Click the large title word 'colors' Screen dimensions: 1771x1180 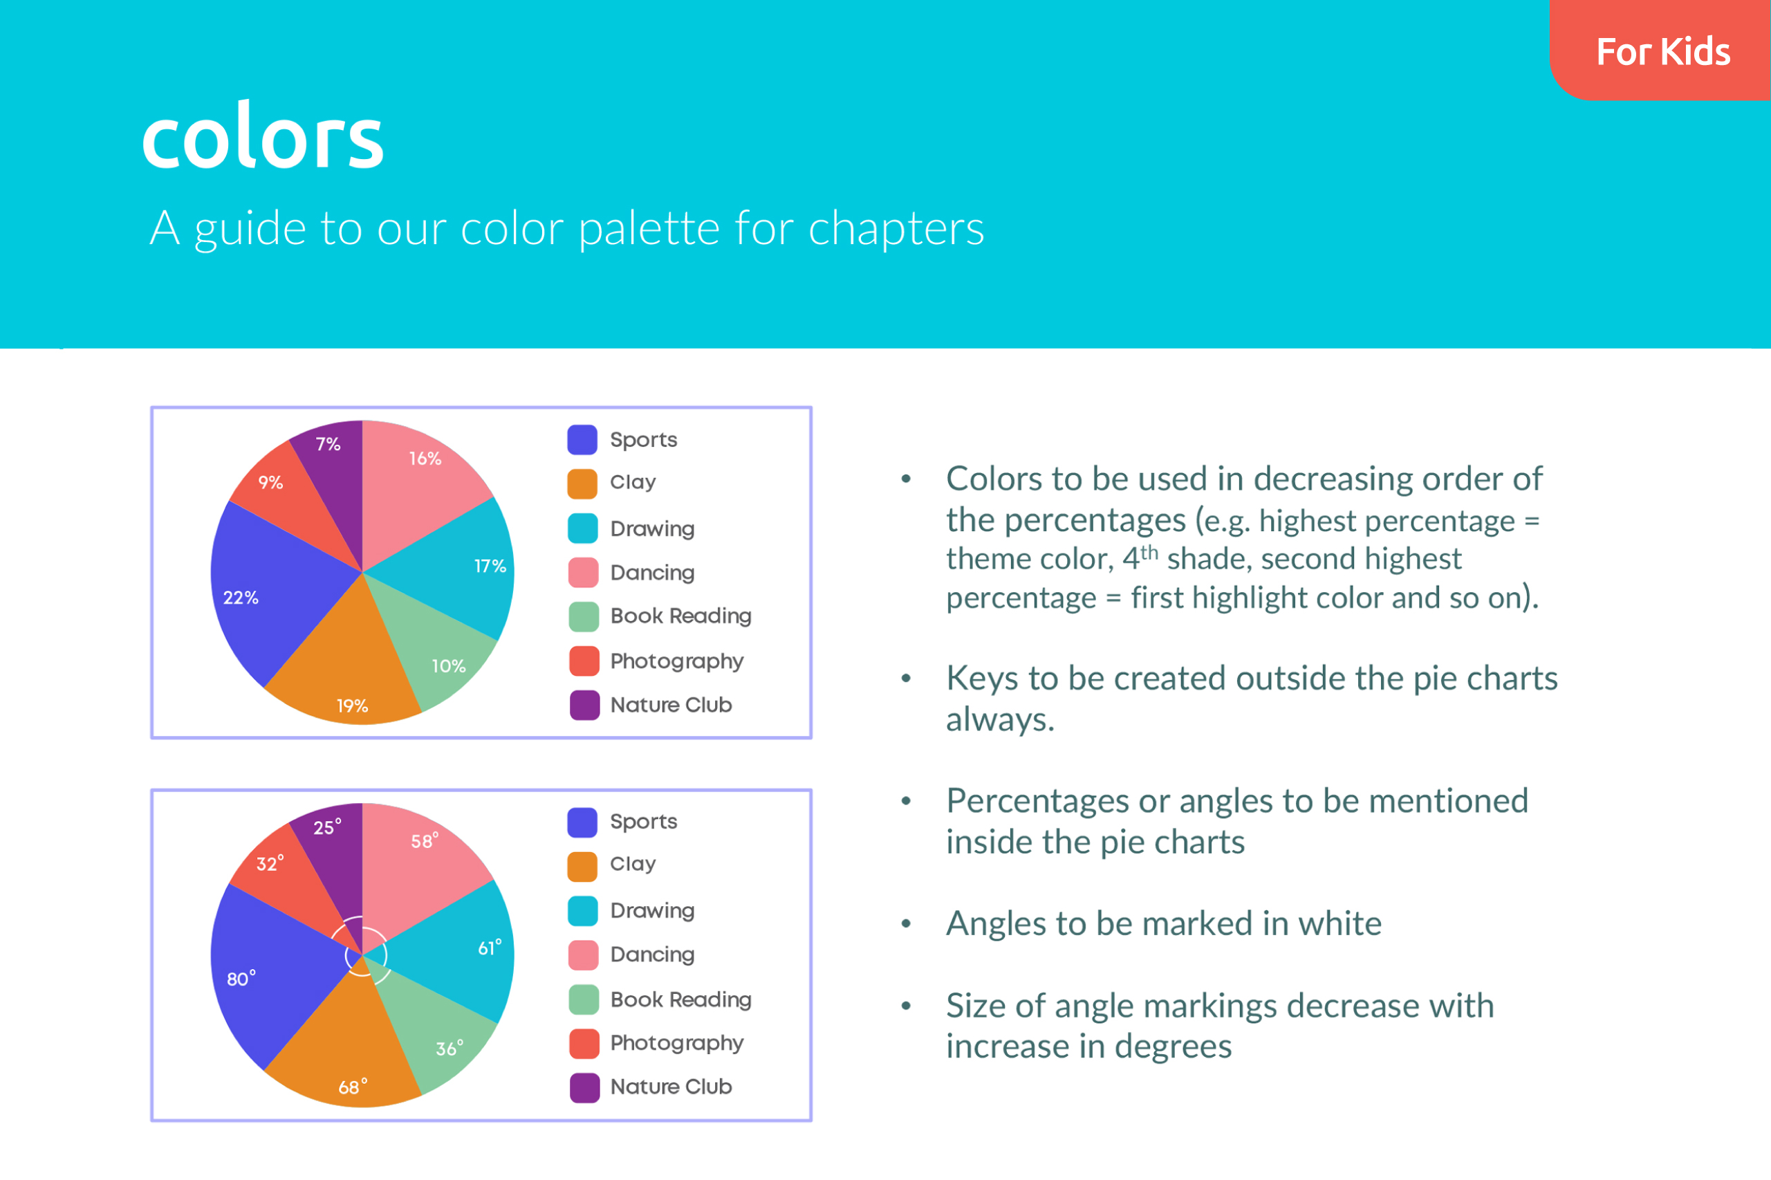pyautogui.click(x=263, y=137)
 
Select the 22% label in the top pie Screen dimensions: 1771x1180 pyautogui.click(x=241, y=598)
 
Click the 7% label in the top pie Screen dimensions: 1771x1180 pyautogui.click(x=328, y=444)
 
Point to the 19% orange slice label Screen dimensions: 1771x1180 pyautogui.click(x=352, y=706)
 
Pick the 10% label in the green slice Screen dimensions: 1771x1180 pyautogui.click(x=448, y=666)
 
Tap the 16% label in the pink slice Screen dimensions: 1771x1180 pyautogui.click(x=425, y=459)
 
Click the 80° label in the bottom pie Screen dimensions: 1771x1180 pyautogui.click(x=241, y=978)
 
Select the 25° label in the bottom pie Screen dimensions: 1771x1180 pyautogui.click(x=327, y=827)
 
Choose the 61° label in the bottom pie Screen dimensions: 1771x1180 pyautogui.click(x=490, y=948)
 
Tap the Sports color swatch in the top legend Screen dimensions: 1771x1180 pyautogui.click(x=582, y=439)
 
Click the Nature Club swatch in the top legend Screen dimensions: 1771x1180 pyautogui.click(x=584, y=705)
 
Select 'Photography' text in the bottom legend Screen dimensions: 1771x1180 pyautogui.click(x=676, y=1043)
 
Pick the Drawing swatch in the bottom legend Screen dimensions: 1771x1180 pyautogui.click(x=583, y=910)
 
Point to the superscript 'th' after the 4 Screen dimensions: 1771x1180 pyautogui.click(x=1149, y=552)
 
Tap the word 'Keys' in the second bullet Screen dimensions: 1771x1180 pyautogui.click(x=983, y=679)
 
